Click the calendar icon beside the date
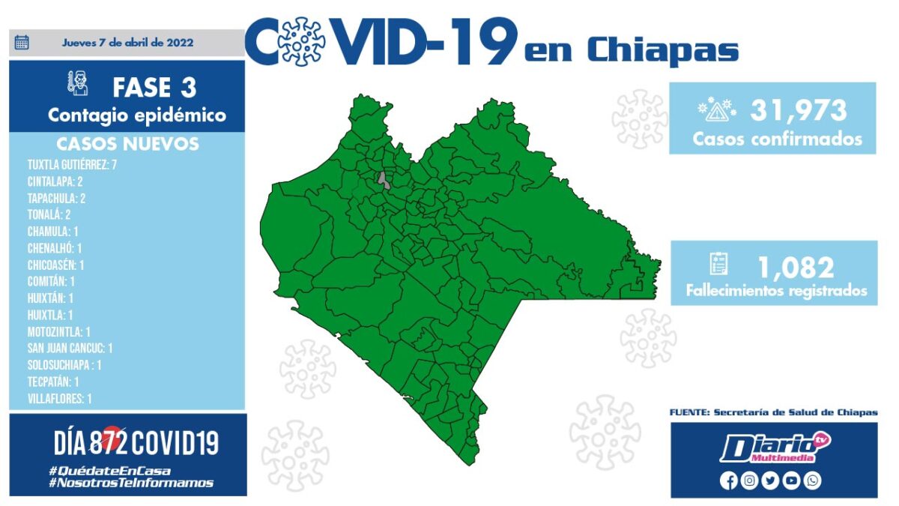(x=22, y=42)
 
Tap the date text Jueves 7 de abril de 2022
(x=127, y=43)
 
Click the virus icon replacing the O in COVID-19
(x=301, y=41)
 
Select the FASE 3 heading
(x=154, y=88)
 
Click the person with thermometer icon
(x=78, y=83)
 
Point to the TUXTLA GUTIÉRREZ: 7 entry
(x=72, y=165)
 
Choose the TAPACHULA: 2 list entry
(x=56, y=199)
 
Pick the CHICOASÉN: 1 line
(x=55, y=265)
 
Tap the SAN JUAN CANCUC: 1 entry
(x=70, y=348)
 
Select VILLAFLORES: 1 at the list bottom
(x=59, y=399)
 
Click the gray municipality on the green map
(x=384, y=181)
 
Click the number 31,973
(x=799, y=110)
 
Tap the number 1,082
(x=796, y=268)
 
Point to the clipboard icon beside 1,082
(x=718, y=264)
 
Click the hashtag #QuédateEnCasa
(x=109, y=471)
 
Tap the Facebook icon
(x=728, y=481)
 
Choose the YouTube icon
(x=791, y=481)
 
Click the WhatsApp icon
(x=812, y=481)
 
